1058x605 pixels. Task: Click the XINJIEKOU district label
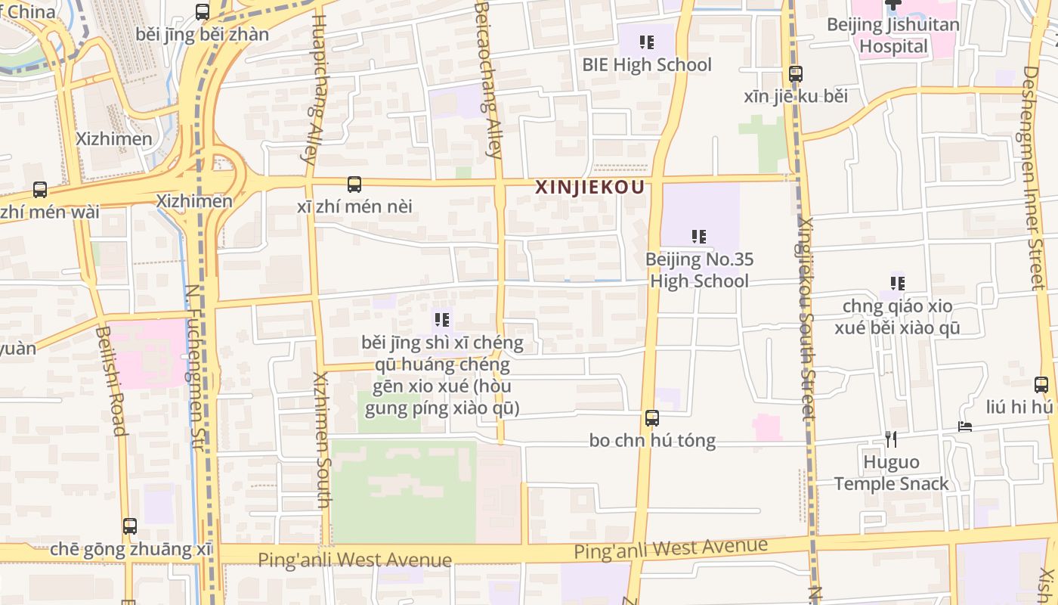589,188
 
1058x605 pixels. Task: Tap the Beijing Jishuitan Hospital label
893,36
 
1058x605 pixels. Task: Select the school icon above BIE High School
646,42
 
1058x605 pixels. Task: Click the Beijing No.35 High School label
699,270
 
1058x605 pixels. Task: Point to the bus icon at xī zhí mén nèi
354,184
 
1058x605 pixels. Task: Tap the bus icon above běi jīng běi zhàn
202,12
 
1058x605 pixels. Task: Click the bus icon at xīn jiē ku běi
795,74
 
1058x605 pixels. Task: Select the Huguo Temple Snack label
891,473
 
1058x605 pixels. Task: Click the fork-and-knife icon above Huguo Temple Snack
891,439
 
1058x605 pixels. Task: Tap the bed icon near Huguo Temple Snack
965,427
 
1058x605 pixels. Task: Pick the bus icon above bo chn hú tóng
651,417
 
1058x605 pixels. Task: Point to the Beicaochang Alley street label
488,79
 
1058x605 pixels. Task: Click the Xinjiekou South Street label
806,318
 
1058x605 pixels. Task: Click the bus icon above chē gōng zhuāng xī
130,526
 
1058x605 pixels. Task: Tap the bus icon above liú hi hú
1041,384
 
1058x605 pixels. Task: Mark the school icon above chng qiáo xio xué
897,284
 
